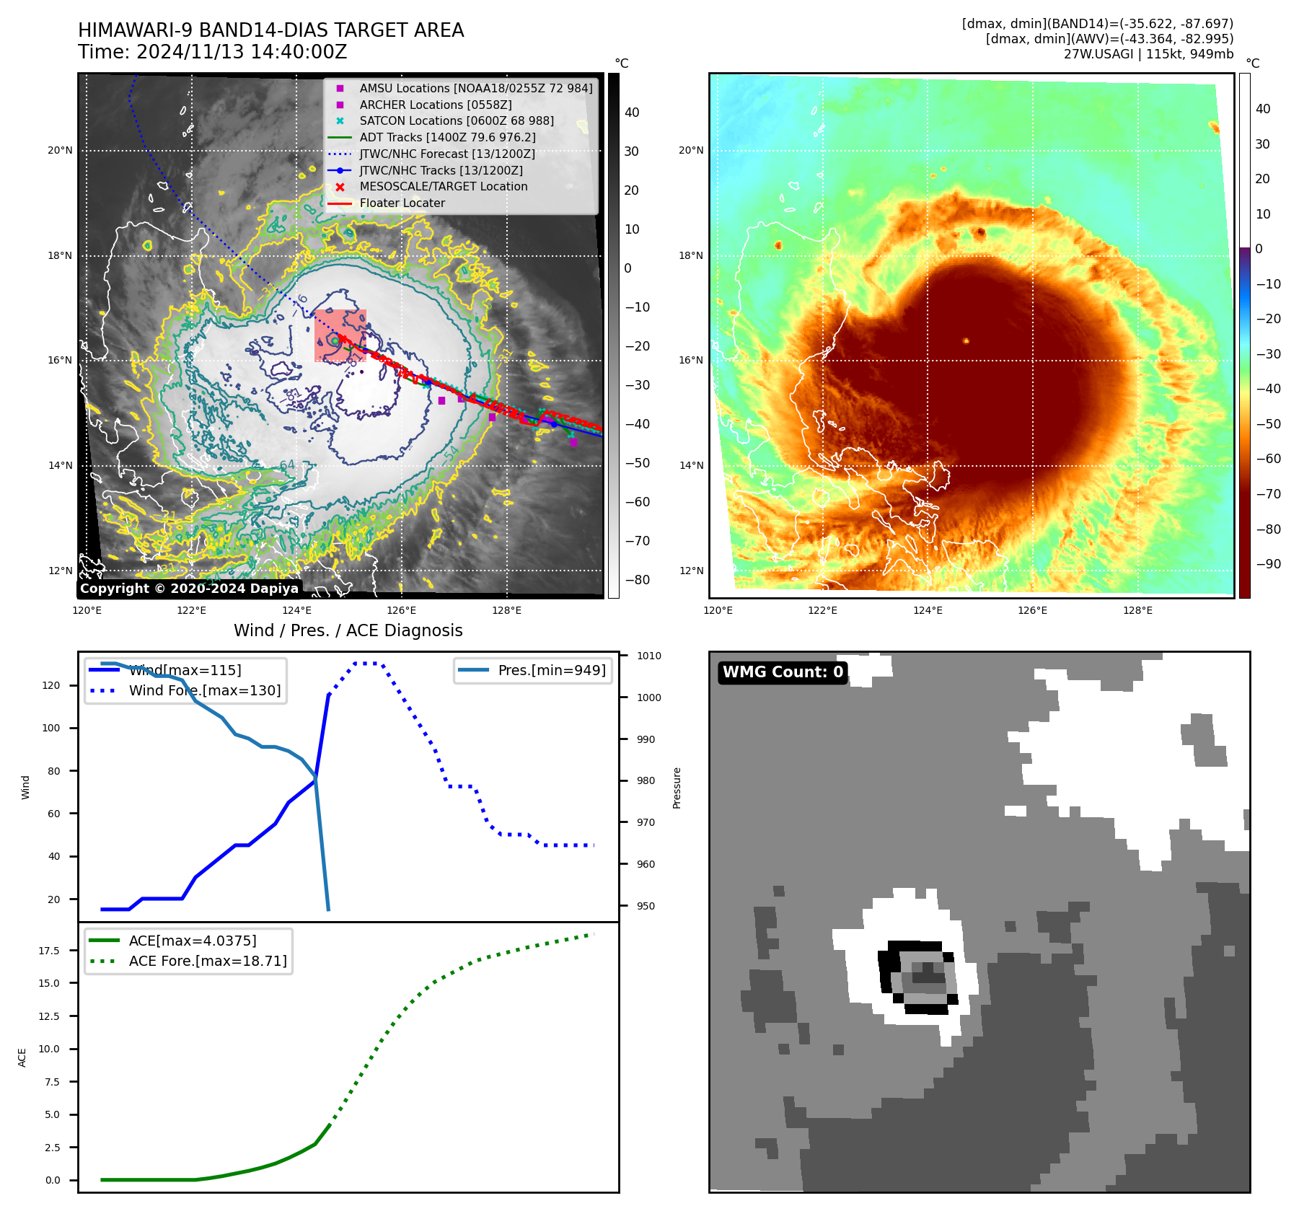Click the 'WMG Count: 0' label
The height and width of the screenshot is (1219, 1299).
click(783, 672)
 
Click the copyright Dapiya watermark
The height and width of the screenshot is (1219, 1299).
click(189, 589)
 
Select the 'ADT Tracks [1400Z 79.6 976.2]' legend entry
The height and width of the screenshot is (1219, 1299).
click(447, 137)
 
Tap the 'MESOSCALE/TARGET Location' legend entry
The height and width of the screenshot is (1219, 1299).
click(443, 186)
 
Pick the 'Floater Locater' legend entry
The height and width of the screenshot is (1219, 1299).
click(402, 203)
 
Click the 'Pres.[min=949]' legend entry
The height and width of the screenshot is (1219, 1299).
click(551, 670)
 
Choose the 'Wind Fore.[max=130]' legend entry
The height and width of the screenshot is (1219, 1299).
click(204, 690)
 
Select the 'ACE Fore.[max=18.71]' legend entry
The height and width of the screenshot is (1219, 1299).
click(207, 961)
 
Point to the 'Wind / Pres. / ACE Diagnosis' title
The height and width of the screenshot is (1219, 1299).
click(348, 630)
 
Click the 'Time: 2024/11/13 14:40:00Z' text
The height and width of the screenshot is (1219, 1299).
click(213, 52)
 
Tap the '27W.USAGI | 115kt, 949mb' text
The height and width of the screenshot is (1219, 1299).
click(1148, 54)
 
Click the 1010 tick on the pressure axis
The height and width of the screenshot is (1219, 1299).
click(649, 656)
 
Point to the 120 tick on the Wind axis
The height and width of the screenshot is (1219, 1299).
click(51, 685)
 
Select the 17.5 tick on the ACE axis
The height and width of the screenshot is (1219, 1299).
click(49, 951)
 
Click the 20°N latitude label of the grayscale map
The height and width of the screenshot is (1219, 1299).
click(60, 150)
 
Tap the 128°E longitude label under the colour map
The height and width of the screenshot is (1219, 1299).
click(1137, 610)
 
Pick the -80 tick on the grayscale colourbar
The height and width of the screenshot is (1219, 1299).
click(637, 579)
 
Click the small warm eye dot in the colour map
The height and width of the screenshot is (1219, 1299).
click(966, 340)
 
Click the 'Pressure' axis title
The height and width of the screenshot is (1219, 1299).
click(677, 788)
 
